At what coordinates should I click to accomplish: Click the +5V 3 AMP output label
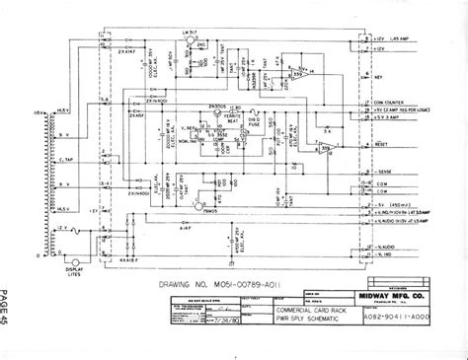click(x=392, y=116)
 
